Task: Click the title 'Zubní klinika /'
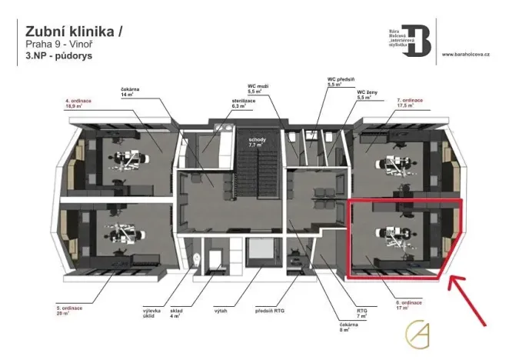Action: click(74, 32)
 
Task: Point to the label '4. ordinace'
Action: click(79, 100)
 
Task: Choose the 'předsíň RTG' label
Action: click(274, 310)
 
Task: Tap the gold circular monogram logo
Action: click(420, 333)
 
